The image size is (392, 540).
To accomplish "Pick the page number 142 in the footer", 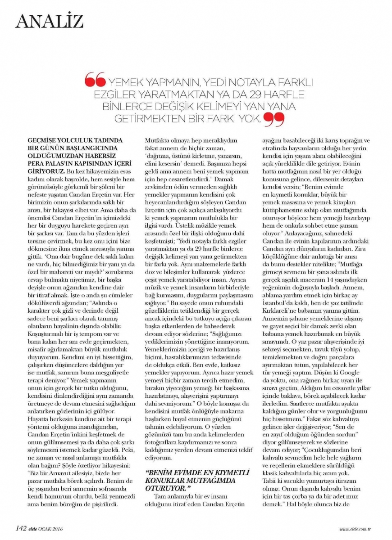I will click(x=23, y=528).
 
